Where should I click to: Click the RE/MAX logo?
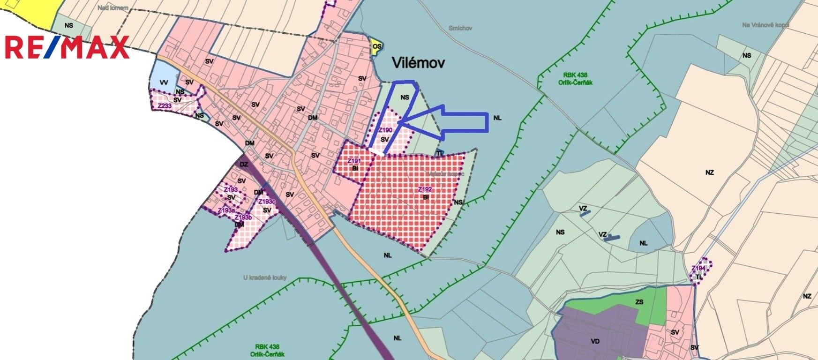tap(67, 47)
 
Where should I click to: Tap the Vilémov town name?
tap(418, 63)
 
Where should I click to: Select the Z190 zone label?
tap(385, 130)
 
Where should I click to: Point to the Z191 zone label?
tap(354, 161)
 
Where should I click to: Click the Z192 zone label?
tap(425, 190)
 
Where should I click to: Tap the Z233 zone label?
tap(164, 106)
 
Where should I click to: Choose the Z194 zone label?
tap(698, 268)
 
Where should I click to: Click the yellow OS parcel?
tap(376, 46)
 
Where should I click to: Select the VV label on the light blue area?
tap(164, 82)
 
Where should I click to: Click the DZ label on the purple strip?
tap(244, 164)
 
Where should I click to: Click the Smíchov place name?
tap(460, 28)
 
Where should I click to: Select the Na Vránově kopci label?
tap(765, 24)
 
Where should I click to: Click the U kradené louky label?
tap(265, 277)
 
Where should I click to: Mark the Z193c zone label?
tap(267, 202)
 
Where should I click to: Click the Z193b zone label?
tap(243, 217)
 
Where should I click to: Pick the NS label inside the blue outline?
tap(405, 97)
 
